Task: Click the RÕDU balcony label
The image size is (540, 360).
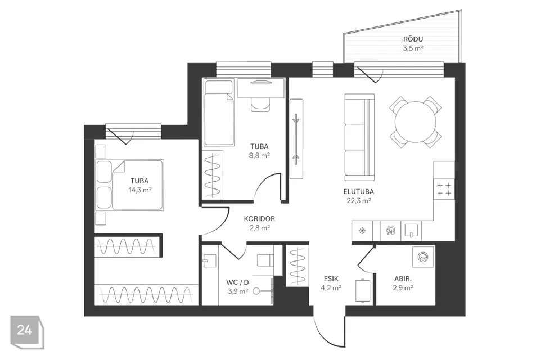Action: tap(413, 39)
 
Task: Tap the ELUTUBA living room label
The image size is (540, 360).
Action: tap(358, 192)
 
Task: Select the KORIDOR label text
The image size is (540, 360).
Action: tap(259, 219)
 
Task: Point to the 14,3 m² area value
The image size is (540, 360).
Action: tap(140, 190)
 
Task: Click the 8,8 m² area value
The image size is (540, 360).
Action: tap(259, 155)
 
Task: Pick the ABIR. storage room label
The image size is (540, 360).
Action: tap(403, 278)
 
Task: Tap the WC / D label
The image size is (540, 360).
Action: tap(237, 282)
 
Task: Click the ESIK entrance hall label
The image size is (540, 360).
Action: tap(331, 278)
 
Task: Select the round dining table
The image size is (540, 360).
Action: tap(415, 122)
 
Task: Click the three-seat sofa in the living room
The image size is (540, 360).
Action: tap(359, 137)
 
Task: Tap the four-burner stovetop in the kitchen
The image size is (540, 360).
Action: tap(444, 189)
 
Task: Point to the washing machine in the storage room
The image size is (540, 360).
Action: tap(423, 256)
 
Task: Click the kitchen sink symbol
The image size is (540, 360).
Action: tap(411, 231)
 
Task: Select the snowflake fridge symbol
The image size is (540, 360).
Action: tap(362, 231)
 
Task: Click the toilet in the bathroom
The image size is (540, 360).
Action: tap(265, 260)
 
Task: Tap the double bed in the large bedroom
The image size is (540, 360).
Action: tap(129, 184)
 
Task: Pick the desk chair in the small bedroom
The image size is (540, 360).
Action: tap(260, 105)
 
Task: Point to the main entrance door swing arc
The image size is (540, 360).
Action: tap(319, 332)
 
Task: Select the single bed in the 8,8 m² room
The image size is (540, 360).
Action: tap(219, 112)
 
